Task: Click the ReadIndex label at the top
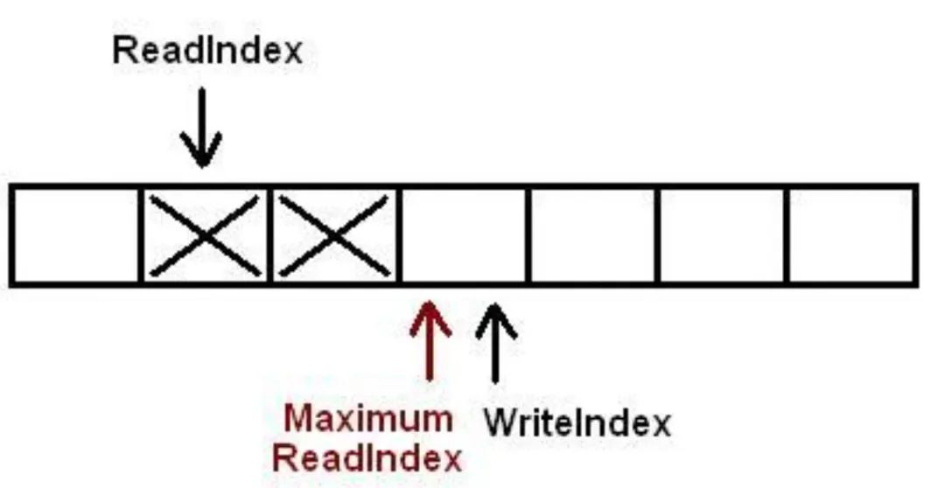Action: click(x=207, y=50)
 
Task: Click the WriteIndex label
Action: click(x=577, y=424)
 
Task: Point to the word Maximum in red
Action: click(x=368, y=420)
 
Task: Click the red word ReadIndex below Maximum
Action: click(x=367, y=457)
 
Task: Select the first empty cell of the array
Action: click(x=76, y=234)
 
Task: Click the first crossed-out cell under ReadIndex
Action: click(x=205, y=234)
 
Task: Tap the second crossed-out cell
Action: click(x=335, y=234)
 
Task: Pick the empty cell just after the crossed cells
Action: click(x=464, y=234)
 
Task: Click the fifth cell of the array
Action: click(x=593, y=234)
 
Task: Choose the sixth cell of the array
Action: click(x=723, y=234)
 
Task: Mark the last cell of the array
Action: click(x=852, y=234)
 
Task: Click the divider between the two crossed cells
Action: click(x=270, y=234)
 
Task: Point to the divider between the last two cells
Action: click(x=787, y=234)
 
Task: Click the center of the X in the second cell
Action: click(x=205, y=234)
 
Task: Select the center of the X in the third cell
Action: click(x=335, y=234)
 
